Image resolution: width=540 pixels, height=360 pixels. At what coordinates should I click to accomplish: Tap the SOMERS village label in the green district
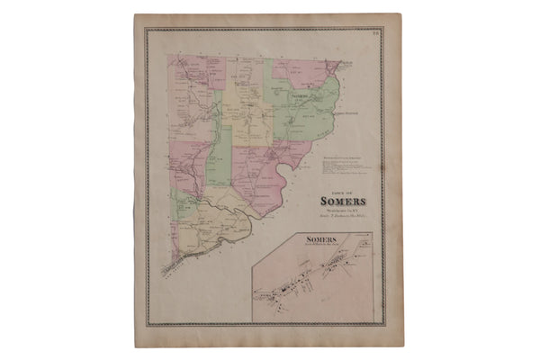(x=300, y=94)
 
